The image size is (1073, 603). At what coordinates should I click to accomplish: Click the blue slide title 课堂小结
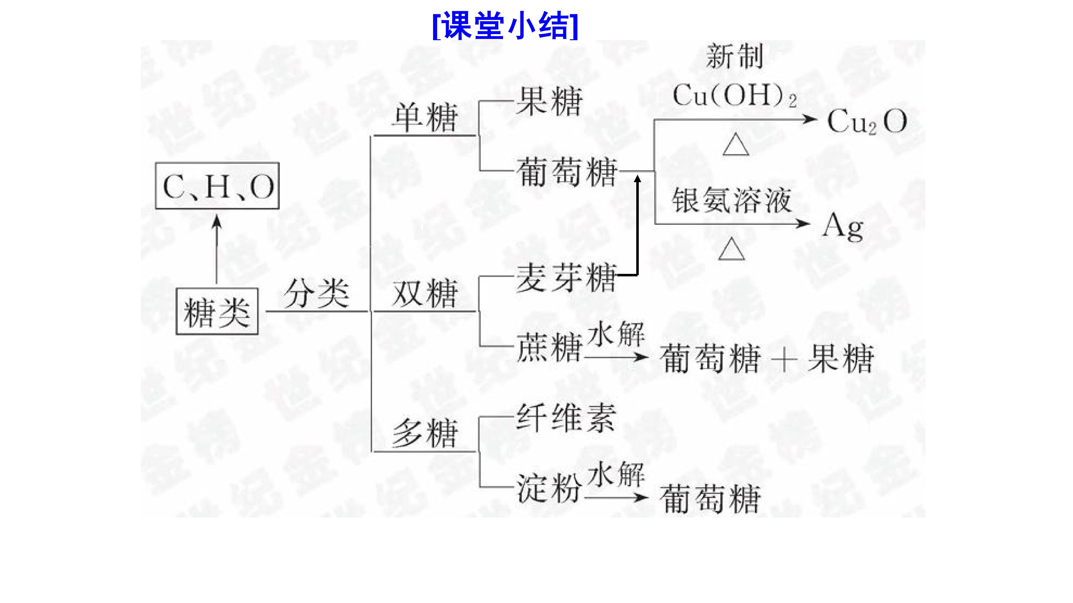(x=505, y=26)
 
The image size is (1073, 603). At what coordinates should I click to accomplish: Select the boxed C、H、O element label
(x=217, y=186)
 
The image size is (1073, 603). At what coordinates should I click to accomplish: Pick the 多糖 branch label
(x=425, y=433)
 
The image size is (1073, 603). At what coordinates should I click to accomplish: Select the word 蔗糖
(x=549, y=347)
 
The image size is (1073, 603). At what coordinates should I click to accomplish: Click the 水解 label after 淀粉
(x=616, y=474)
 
